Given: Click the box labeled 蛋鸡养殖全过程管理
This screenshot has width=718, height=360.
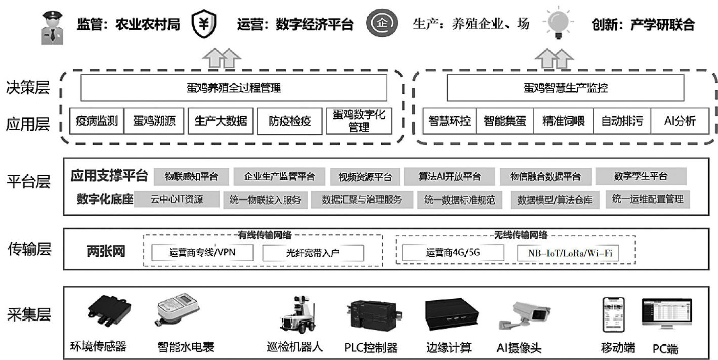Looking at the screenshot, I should pos(234,88).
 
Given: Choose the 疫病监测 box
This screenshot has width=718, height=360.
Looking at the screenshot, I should pos(97,121).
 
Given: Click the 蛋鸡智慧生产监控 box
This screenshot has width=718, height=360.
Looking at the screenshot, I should pos(565,88).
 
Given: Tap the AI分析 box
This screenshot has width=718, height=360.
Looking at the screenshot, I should pos(680,121).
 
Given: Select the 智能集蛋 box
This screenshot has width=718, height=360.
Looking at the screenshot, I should pos(505,121).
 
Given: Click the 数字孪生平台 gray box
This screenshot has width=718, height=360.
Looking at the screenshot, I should pos(641,177).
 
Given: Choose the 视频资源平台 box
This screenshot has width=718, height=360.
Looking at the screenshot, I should pos(365,177).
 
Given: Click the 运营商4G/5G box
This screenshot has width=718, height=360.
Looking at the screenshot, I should pos(453,252).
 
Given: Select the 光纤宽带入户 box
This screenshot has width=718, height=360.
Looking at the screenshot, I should pos(313,252).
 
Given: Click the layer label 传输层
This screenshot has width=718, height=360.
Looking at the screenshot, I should pos(29,249).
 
